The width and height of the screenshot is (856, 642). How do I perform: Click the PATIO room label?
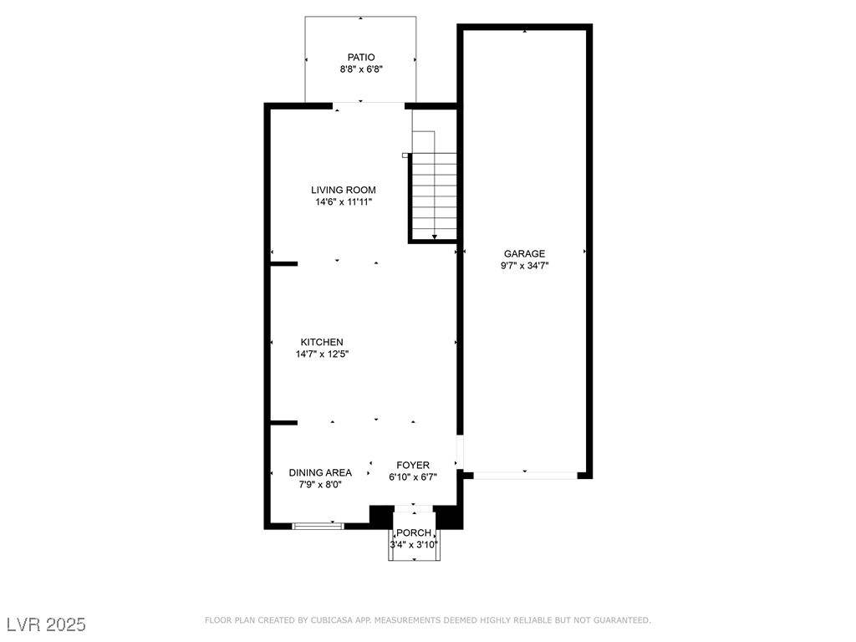[361, 58]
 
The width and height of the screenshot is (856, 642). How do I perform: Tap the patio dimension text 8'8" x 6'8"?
[361, 69]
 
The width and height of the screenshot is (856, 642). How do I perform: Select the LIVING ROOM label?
[344, 190]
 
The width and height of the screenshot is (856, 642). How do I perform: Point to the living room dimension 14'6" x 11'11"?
[344, 202]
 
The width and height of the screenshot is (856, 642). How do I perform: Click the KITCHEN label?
[322, 342]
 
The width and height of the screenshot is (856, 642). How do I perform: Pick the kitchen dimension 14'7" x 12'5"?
[322, 354]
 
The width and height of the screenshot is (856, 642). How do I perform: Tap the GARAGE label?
[524, 254]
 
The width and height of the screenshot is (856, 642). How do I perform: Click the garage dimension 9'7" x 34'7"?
[524, 266]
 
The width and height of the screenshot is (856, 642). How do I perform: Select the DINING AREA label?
[320, 473]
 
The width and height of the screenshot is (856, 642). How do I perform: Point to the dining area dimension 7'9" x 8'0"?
[320, 485]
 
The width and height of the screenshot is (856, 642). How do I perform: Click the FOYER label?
[413, 465]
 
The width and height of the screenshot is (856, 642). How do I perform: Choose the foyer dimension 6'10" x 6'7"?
[413, 477]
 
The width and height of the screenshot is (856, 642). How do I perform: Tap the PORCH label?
[414, 532]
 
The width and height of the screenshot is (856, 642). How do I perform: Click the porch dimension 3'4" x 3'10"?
[414, 545]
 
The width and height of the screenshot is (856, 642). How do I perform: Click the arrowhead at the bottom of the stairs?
[435, 237]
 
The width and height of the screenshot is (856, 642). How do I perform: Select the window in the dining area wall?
[318, 527]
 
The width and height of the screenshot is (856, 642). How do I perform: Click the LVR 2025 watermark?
[47, 624]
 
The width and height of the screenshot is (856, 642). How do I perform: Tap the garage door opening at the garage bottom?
[525, 476]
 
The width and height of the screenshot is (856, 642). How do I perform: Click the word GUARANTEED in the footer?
[622, 620]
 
